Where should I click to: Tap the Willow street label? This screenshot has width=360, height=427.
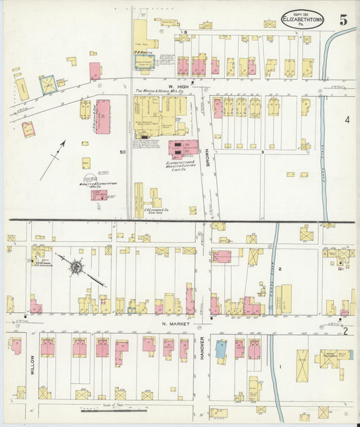32,365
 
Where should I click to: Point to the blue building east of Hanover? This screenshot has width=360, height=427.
221,349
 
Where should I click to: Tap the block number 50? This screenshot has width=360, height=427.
123,153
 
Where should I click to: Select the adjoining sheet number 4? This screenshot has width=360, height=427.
346,120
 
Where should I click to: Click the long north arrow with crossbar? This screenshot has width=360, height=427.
52,160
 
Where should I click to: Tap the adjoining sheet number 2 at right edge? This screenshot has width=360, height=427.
344,330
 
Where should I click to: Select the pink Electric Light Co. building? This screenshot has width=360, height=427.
183,149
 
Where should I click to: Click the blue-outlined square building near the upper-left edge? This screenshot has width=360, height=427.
47,84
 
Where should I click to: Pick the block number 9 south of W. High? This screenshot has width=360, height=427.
261,153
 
